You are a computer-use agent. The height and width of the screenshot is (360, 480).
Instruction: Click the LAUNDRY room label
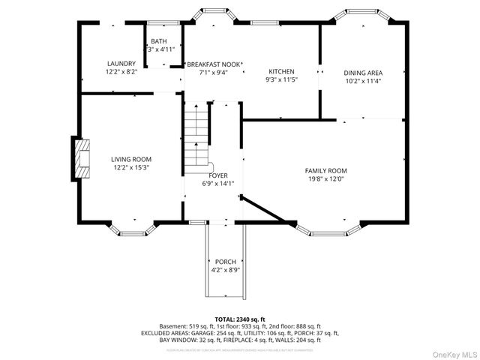[x=121, y=64]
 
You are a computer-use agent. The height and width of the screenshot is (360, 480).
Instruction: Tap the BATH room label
[x=159, y=41]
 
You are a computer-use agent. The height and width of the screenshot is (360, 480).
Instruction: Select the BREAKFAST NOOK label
[x=214, y=64]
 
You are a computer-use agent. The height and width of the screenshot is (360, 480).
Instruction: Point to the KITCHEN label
[x=281, y=71]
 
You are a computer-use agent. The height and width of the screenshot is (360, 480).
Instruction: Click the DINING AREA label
[x=363, y=73]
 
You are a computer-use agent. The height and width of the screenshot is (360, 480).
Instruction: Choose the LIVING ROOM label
[x=131, y=159]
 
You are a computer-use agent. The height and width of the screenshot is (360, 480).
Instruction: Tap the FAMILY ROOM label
[x=325, y=170]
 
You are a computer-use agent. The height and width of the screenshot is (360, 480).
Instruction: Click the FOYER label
[x=218, y=175]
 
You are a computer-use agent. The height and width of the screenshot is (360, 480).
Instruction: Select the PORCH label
[x=226, y=262]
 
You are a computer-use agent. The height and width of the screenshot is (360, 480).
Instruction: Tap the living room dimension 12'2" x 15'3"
[x=131, y=168]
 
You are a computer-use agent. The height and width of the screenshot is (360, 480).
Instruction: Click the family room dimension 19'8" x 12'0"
[x=325, y=179]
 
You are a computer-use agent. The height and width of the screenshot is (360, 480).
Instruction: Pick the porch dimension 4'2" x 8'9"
[x=226, y=270]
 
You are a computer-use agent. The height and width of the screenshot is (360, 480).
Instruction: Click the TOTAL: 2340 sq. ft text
[x=240, y=319]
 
